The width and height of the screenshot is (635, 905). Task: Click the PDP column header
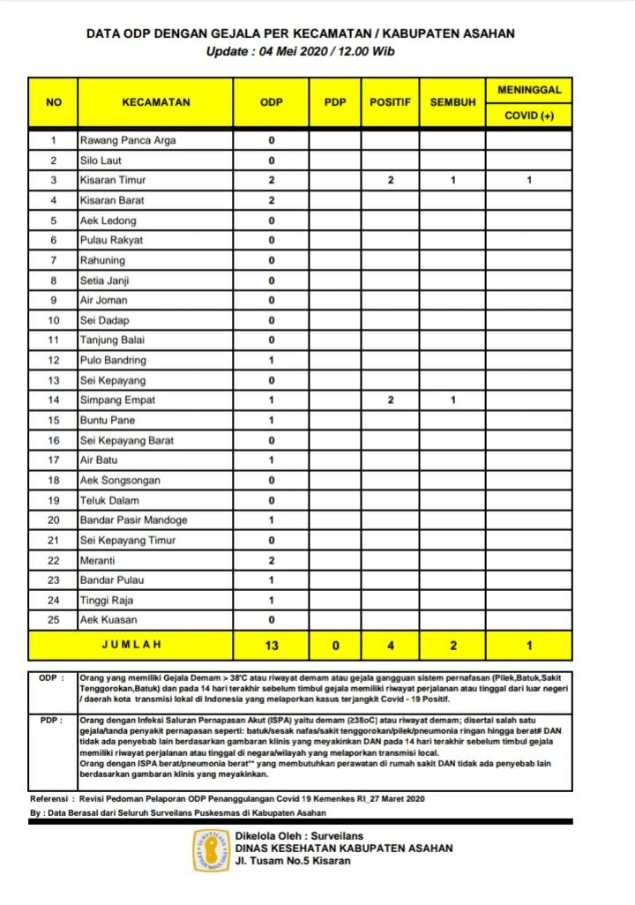[x=335, y=102]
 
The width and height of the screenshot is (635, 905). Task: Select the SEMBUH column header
[x=452, y=102]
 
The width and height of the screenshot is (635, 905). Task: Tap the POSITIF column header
[x=390, y=102]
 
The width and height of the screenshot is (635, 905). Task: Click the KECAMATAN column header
[x=156, y=102]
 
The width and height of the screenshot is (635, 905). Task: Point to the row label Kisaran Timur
[x=113, y=180]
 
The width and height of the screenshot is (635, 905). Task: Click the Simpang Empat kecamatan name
[x=117, y=400]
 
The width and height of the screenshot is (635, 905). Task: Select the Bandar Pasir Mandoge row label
[x=133, y=520]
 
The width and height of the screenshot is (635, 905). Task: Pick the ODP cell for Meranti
[x=272, y=560]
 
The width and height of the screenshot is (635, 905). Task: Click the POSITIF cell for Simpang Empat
[x=390, y=400]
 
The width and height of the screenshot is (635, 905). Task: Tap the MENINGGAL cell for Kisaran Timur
[x=528, y=180]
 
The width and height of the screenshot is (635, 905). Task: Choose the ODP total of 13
[x=272, y=645]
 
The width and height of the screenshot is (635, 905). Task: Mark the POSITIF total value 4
[x=390, y=645]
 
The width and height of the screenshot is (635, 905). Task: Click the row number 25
[x=54, y=619]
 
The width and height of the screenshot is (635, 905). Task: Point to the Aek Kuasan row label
[x=108, y=619]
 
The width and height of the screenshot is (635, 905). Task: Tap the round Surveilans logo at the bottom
[x=212, y=850]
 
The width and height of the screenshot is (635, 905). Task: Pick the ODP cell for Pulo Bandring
[x=272, y=360]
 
